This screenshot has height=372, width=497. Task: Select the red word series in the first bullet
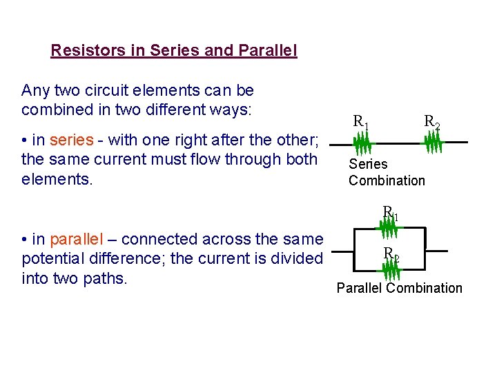click(71, 140)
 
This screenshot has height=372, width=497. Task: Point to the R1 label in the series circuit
click(361, 123)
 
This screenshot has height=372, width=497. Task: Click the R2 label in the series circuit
click(432, 123)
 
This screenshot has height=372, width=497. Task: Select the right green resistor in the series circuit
click(432, 143)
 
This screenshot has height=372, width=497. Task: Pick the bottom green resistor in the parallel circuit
click(391, 266)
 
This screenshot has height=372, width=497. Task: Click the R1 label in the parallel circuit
click(391, 213)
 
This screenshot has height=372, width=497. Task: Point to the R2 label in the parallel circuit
click(391, 253)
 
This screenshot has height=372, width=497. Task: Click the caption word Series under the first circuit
click(368, 164)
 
